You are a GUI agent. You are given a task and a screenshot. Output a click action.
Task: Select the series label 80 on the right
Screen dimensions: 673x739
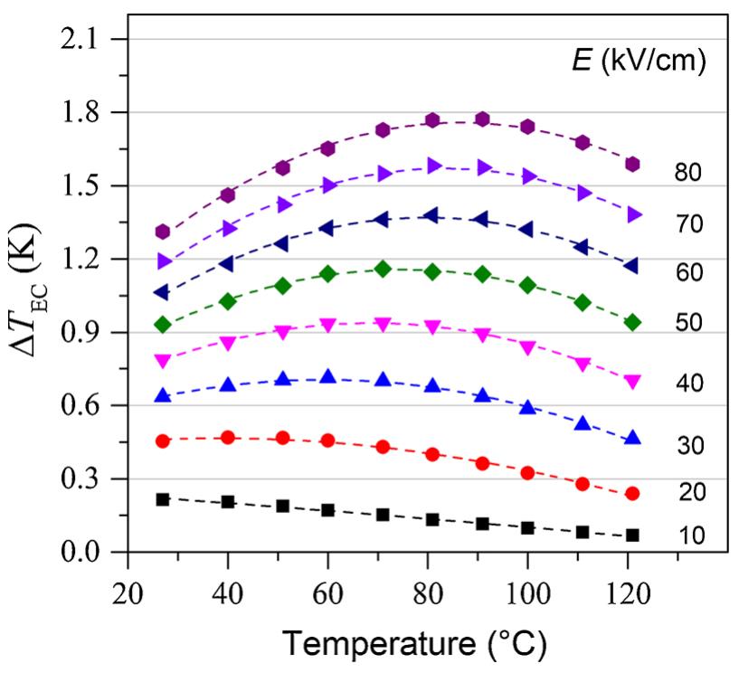click(688, 171)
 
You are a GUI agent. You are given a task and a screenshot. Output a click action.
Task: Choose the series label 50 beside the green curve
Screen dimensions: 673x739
click(688, 322)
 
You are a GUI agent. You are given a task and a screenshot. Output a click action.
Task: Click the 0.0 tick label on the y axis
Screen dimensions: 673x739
click(87, 552)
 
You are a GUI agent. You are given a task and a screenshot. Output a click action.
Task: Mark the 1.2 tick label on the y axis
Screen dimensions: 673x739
click(87, 260)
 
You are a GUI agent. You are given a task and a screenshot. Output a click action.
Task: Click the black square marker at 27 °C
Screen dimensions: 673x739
click(163, 499)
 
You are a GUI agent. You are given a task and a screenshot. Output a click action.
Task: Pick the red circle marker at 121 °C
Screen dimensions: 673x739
click(632, 493)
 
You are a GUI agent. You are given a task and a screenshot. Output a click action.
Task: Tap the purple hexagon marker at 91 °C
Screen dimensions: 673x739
click(482, 119)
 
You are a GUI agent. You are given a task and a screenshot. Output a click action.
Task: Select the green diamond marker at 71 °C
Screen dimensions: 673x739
click(383, 269)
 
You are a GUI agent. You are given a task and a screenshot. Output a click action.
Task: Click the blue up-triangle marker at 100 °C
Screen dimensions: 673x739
click(527, 408)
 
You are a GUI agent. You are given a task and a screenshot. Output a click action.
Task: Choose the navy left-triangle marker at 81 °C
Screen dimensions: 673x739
click(431, 215)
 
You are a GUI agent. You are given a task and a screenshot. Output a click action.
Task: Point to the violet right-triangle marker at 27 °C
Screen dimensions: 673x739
click(164, 261)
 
